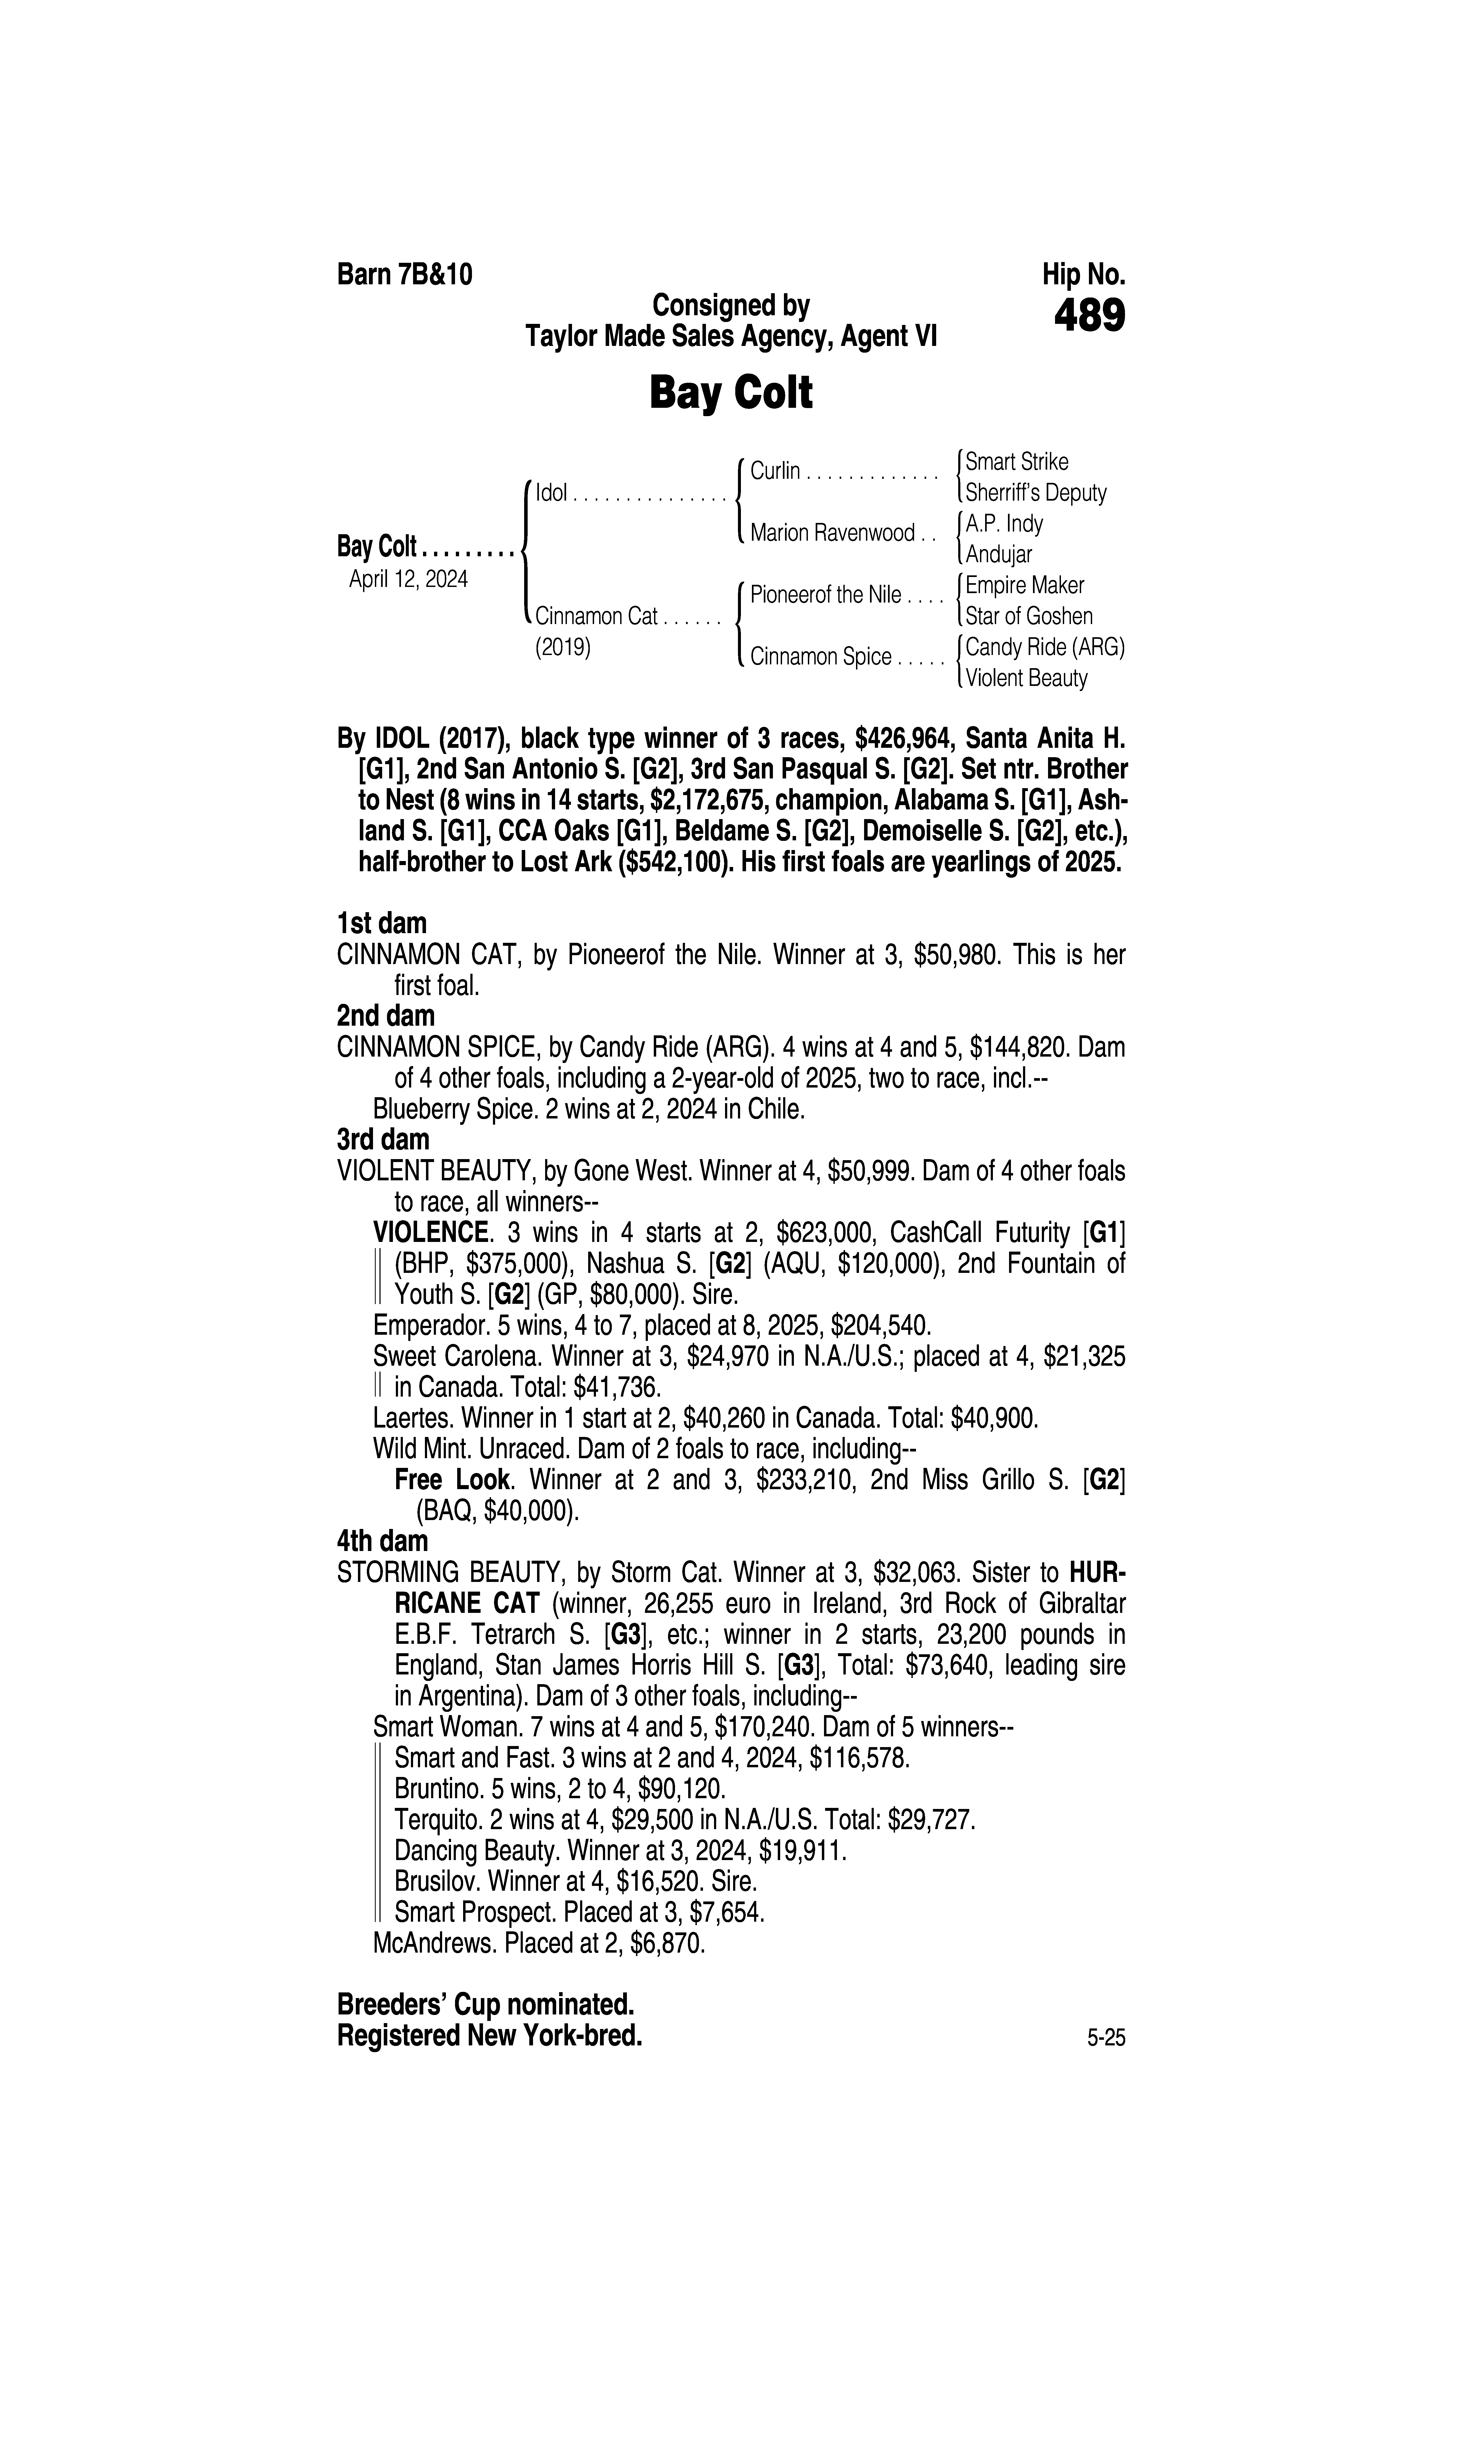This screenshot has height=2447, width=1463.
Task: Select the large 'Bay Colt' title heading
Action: [730, 393]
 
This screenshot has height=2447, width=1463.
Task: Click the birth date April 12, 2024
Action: [408, 579]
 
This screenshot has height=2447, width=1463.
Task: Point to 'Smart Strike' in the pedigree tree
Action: [1016, 461]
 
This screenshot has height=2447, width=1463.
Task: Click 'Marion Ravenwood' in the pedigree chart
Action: [832, 533]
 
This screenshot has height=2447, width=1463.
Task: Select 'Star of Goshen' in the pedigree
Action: [1028, 616]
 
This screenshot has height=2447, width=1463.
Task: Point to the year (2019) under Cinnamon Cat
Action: [563, 648]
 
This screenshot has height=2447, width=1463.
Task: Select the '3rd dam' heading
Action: [382, 1140]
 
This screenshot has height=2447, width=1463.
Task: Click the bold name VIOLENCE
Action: [431, 1232]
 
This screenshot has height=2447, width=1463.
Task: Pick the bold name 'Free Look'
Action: [452, 1479]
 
